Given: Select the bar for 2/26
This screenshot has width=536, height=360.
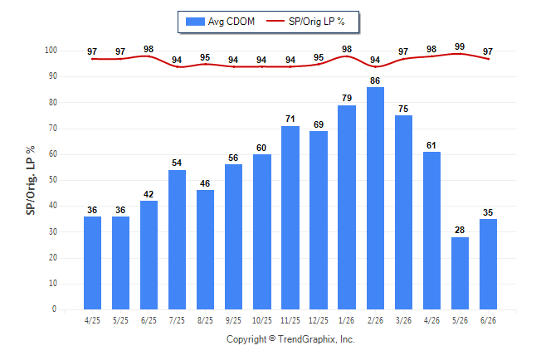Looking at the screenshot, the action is click(375, 198).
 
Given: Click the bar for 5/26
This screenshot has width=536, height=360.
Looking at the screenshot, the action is click(460, 273).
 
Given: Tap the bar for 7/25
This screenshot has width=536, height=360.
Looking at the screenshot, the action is click(177, 240).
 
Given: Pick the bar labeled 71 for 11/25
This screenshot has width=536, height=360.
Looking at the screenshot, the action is click(290, 218).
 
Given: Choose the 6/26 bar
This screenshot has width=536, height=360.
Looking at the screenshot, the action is click(488, 265).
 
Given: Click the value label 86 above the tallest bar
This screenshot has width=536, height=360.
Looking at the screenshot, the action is click(375, 80).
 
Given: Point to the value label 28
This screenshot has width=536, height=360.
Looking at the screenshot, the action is click(460, 230).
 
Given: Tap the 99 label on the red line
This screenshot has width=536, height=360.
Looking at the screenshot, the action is click(460, 46).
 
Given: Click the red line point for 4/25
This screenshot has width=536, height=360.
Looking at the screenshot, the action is click(92, 59).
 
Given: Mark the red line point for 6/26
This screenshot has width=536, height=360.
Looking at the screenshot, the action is click(488, 59).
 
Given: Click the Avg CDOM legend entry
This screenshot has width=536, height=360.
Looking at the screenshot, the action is click(220, 22).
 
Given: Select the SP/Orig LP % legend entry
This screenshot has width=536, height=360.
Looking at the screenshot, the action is click(305, 22).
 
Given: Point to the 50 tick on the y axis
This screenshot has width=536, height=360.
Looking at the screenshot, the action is click(52, 180).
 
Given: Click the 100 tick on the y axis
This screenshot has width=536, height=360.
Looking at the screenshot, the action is click(51, 51).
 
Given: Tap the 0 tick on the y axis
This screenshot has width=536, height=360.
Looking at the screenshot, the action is click(55, 309).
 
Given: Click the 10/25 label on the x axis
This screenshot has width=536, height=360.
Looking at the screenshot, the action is click(262, 320).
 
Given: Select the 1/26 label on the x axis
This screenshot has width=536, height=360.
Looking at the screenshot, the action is click(347, 320).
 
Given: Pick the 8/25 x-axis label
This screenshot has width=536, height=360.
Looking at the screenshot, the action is click(205, 320).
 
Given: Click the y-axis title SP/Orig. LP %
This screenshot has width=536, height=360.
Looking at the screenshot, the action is click(31, 180).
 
